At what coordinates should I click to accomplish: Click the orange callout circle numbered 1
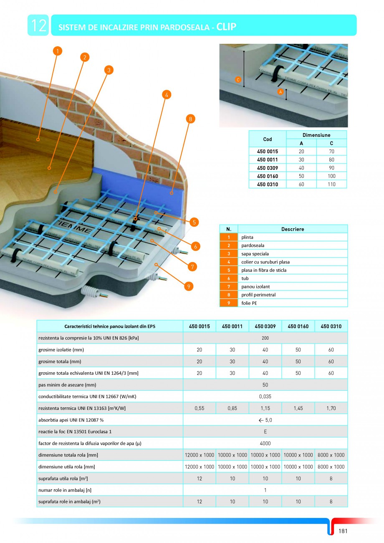[58, 51]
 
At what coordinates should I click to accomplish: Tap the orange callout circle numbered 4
[167, 95]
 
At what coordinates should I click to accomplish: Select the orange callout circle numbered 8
[190, 119]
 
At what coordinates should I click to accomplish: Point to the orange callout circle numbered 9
[189, 286]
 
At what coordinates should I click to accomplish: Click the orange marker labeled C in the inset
[238, 79]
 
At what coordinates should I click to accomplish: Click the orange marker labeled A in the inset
[280, 91]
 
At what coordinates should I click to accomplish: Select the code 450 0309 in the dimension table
[268, 168]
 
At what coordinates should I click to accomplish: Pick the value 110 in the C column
[331, 184]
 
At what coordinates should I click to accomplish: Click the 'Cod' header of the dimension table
[268, 139]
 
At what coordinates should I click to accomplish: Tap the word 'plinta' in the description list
[248, 237]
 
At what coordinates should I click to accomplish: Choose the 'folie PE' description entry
[249, 303]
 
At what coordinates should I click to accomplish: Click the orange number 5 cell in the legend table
[229, 270]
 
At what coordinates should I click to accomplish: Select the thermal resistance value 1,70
[331, 408]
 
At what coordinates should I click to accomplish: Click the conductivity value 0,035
[265, 397]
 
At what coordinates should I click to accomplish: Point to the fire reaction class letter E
[265, 432]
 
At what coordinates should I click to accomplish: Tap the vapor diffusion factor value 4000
[265, 443]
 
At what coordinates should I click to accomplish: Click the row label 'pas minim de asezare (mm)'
[67, 385]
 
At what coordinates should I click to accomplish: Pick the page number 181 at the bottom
[343, 531]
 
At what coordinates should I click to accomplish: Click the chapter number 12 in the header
[38, 25]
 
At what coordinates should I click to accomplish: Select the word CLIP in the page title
[227, 27]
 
